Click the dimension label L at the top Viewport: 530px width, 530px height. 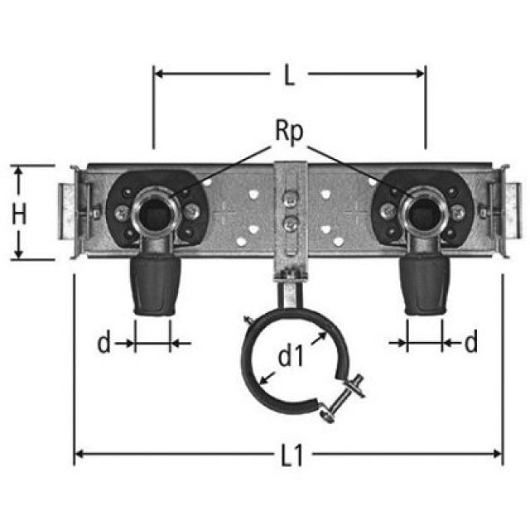click(x=288, y=76)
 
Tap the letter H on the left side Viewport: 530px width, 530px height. click(x=19, y=214)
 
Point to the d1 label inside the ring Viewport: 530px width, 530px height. click(x=290, y=358)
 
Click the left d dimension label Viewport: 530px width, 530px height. click(x=104, y=343)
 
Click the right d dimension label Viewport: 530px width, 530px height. click(x=470, y=343)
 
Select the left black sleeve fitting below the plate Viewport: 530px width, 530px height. click(x=152, y=285)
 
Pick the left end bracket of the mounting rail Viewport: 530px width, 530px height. click(x=70, y=211)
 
